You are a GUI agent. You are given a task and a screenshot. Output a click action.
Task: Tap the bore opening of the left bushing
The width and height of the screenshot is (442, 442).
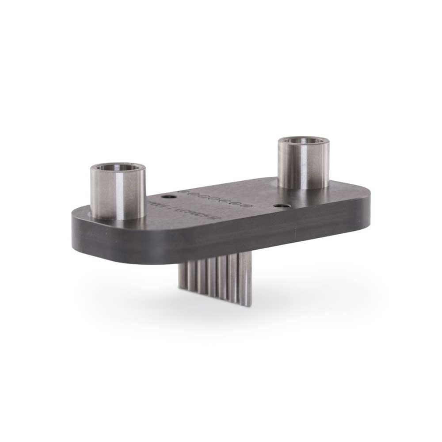[118, 168]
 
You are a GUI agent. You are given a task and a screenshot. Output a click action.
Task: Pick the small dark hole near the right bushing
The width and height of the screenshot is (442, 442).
[279, 206]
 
